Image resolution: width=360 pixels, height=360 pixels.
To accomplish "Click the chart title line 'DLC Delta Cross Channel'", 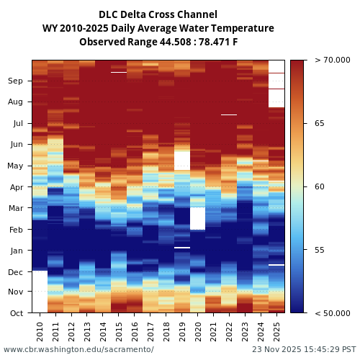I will point(158,14).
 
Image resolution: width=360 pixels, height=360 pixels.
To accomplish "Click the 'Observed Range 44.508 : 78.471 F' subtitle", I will point(158,42).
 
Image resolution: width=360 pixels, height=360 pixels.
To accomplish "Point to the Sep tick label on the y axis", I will point(16,81).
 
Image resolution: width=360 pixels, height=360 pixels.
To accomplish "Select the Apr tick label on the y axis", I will point(16,187).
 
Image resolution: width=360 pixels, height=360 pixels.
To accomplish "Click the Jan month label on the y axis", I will point(16,251).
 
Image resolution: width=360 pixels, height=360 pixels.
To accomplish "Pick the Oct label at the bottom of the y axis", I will point(16,313).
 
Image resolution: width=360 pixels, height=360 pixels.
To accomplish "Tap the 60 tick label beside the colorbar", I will point(319,187).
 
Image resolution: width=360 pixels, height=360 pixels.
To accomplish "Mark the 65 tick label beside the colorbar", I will point(319,124).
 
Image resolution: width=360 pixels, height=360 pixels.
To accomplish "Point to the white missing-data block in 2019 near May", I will point(182,160).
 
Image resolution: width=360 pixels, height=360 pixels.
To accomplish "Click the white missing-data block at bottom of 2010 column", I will point(40,292).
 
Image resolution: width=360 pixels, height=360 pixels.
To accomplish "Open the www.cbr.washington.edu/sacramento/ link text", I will point(78,349).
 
